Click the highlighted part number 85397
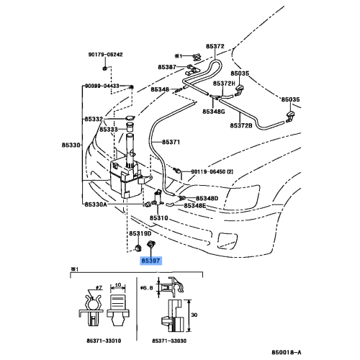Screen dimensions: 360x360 tap(150, 263)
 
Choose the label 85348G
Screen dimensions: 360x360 tap(214, 112)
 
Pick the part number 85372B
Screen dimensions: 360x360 tap(241, 125)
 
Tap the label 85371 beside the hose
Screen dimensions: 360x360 tap(171, 143)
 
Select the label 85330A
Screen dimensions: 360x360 tap(95, 204)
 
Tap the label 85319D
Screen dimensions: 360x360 tap(141, 233)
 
